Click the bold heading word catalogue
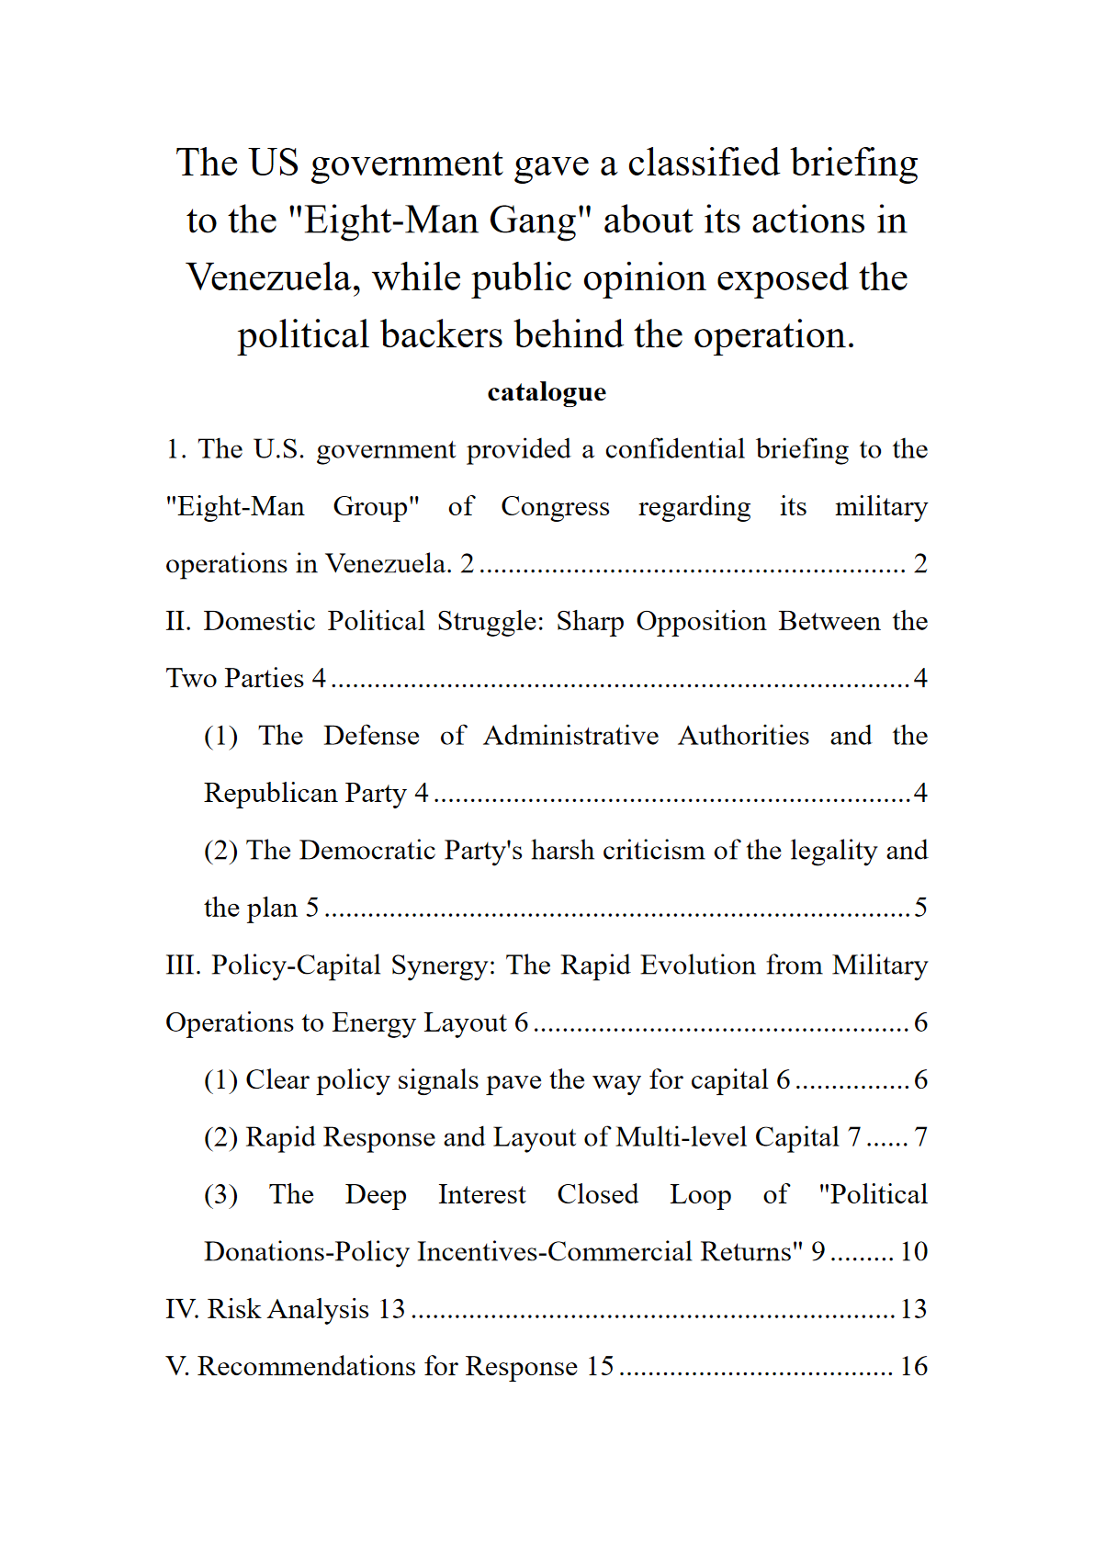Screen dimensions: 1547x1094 (x=547, y=392)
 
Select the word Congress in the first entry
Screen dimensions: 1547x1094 (x=555, y=507)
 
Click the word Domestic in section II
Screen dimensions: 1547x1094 (x=259, y=622)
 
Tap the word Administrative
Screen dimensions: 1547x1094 (x=570, y=737)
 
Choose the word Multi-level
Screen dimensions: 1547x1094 (x=681, y=1137)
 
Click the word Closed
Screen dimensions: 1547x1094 (x=597, y=1195)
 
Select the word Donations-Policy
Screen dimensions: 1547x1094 (x=307, y=1252)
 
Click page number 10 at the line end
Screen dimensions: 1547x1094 (x=913, y=1252)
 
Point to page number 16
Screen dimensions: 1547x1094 (x=913, y=1367)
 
